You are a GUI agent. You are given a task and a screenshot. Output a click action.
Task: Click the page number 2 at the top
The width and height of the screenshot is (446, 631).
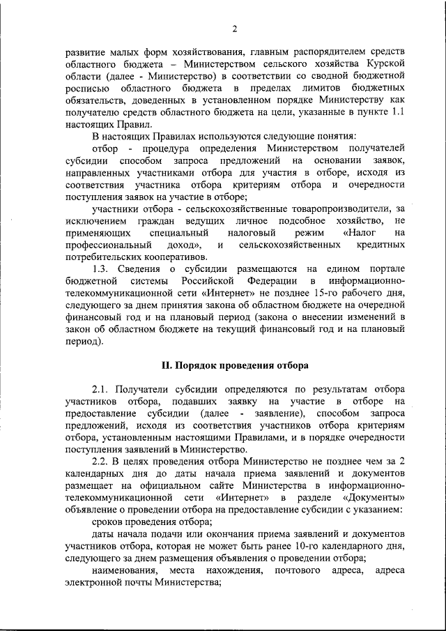pyautogui.click(x=235, y=29)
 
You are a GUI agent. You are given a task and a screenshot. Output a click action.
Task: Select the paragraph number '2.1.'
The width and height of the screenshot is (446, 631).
pyautogui.click(x=103, y=389)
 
